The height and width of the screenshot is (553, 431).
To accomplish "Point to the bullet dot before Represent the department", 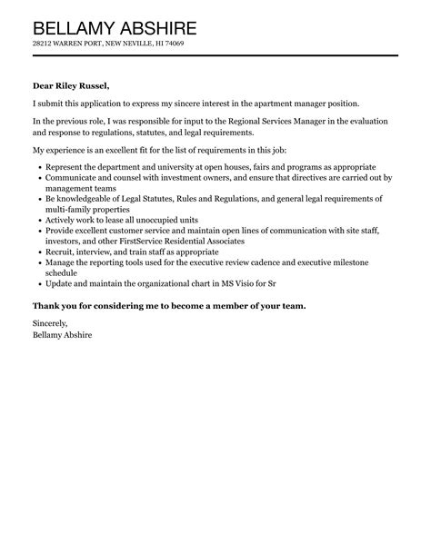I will (37, 168).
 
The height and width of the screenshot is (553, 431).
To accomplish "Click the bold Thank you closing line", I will (169, 306).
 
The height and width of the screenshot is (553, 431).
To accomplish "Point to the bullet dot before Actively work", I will (37, 221).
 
